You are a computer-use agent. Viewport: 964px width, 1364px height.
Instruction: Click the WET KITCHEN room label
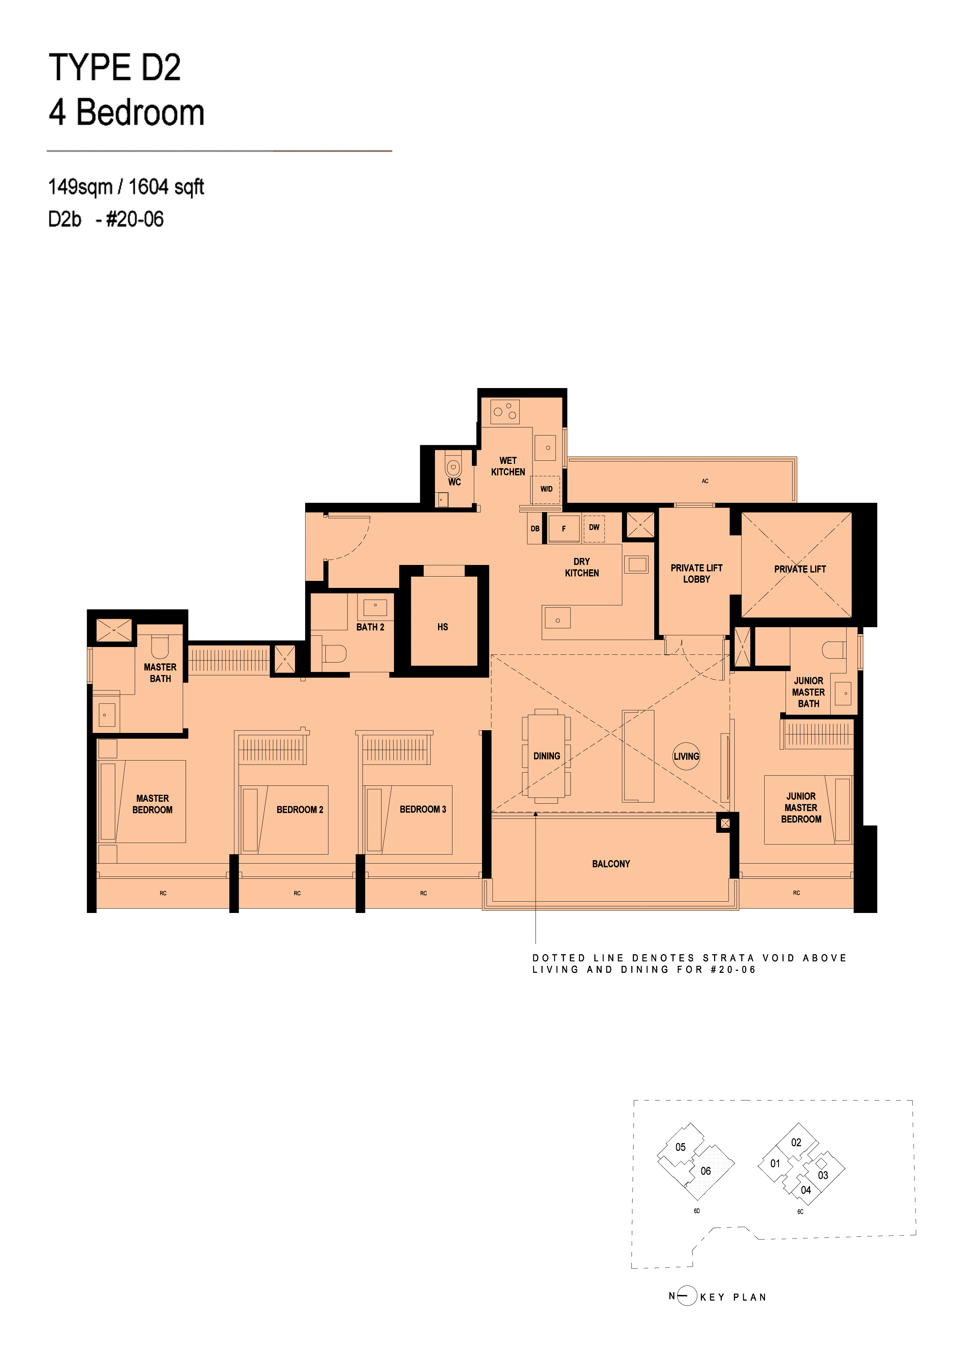coord(508,466)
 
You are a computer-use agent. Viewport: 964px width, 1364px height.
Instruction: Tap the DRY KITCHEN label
coord(582,567)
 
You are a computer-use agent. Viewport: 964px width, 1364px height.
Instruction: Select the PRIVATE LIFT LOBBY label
coord(696,573)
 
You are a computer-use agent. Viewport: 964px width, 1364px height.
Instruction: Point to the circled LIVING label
coord(686,756)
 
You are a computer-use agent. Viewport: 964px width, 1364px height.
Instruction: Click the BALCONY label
coord(611,864)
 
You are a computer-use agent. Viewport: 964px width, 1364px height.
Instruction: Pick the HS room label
coord(442,627)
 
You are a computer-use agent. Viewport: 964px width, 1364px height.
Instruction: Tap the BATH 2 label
coord(370,627)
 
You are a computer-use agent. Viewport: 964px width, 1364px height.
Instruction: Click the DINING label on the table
coord(547,756)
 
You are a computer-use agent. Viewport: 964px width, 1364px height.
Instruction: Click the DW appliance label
coord(594,527)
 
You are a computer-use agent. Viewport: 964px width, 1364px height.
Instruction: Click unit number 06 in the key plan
coord(706,1171)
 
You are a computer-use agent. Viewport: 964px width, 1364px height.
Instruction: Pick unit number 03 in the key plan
coord(823,1175)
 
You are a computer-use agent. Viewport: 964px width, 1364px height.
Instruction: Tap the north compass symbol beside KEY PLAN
coord(686,1296)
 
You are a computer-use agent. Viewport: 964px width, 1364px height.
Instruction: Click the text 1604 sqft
coord(166,187)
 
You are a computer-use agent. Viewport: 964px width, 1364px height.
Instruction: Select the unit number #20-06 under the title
coord(134,219)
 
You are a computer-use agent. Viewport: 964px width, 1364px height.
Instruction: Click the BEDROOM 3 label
coord(422,809)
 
